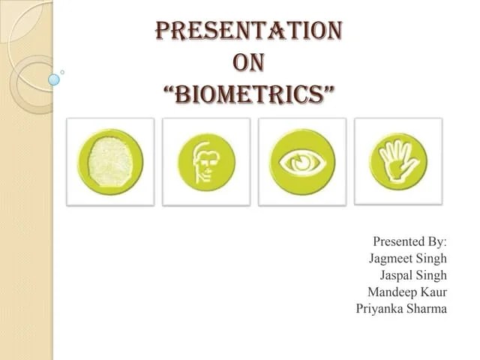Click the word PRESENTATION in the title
click(248, 31)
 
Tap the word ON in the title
click(248, 64)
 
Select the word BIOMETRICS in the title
click(249, 95)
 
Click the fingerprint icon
click(110, 161)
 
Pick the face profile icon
click(206, 161)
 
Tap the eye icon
click(302, 161)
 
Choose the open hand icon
click(397, 160)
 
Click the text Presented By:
click(409, 241)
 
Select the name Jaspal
click(397, 274)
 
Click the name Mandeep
click(393, 292)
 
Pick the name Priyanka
click(380, 308)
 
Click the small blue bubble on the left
click(54, 79)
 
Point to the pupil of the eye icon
click(302, 161)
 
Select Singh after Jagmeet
click(430, 258)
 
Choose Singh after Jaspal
click(430, 274)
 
